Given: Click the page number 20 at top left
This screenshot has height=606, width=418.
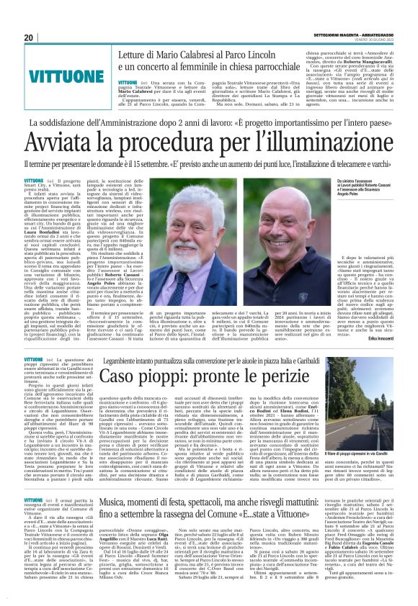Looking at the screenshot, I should [30, 38].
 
